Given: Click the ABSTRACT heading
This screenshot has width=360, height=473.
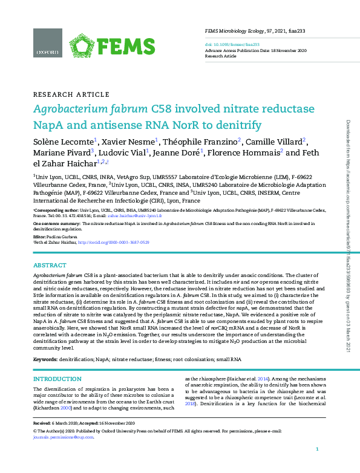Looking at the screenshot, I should point(50,266).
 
